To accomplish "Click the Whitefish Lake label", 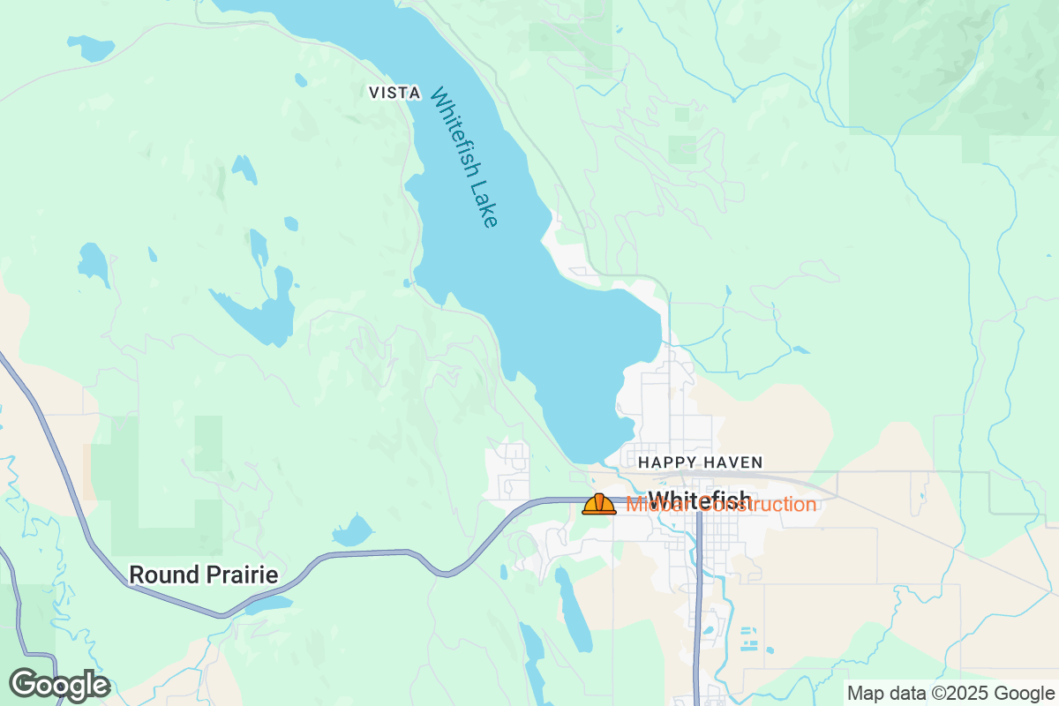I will (464, 157).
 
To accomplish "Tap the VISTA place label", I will (394, 93).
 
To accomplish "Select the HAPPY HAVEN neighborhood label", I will (700, 462).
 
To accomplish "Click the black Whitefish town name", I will (700, 499).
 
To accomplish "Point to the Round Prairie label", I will (203, 575).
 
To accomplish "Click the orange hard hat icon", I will (599, 504).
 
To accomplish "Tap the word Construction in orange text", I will (759, 505).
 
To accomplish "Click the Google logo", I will (59, 685).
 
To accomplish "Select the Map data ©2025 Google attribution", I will (950, 693).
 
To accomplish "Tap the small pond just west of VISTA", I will (301, 80).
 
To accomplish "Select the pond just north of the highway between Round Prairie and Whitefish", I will (353, 532).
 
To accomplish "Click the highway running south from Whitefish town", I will (697, 618).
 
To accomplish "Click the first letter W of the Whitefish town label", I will (658, 499).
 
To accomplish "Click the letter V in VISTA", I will (373, 93).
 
